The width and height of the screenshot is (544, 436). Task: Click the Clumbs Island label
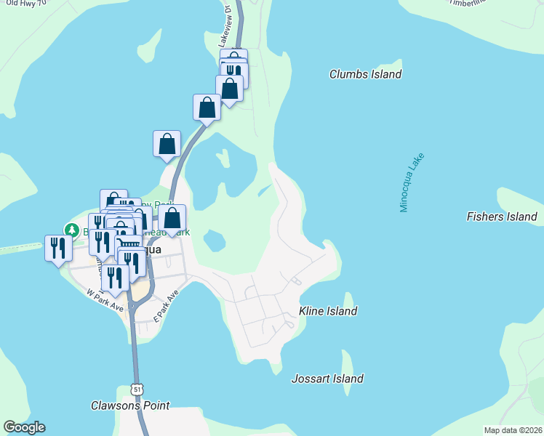365,74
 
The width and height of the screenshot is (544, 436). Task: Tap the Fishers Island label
501,217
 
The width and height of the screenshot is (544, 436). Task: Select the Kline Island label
328,311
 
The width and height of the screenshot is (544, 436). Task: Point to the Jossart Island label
327,379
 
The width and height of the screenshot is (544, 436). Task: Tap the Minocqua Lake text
411,182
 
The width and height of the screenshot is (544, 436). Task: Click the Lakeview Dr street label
225,27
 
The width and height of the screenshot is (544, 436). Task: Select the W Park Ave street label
105,299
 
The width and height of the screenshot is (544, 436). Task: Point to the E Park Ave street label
167,307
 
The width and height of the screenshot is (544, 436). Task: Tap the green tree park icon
71,230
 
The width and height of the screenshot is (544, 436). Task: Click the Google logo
24,427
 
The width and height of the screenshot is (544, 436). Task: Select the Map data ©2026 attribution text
513,430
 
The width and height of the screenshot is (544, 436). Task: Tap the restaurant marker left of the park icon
57,248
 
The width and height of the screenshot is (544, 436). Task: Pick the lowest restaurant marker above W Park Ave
115,276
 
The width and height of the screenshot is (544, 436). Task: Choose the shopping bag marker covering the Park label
172,217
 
